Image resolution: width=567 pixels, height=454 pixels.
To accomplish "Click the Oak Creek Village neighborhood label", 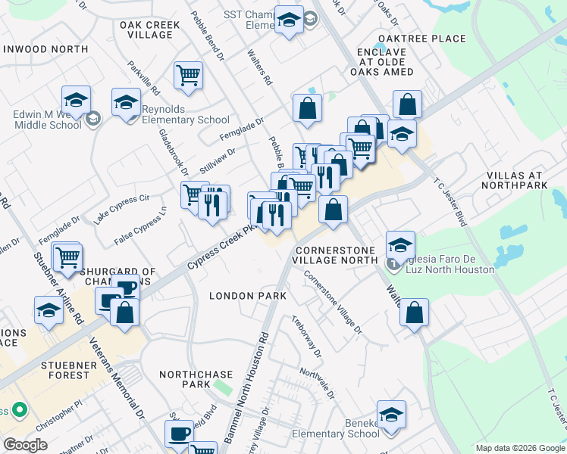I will click(x=150, y=30).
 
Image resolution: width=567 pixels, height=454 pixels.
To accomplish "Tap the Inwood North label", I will click(x=45, y=49).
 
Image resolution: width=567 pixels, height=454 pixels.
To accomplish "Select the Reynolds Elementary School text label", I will click(x=185, y=120).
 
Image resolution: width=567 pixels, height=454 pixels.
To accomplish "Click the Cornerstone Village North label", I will click(x=337, y=254).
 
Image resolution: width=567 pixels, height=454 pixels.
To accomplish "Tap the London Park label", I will click(x=248, y=296).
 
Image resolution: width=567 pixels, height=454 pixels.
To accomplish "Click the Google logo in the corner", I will click(x=26, y=445).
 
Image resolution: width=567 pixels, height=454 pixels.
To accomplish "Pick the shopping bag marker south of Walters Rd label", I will click(x=414, y=313).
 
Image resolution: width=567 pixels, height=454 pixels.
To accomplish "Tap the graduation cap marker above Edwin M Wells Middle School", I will click(x=76, y=101).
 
